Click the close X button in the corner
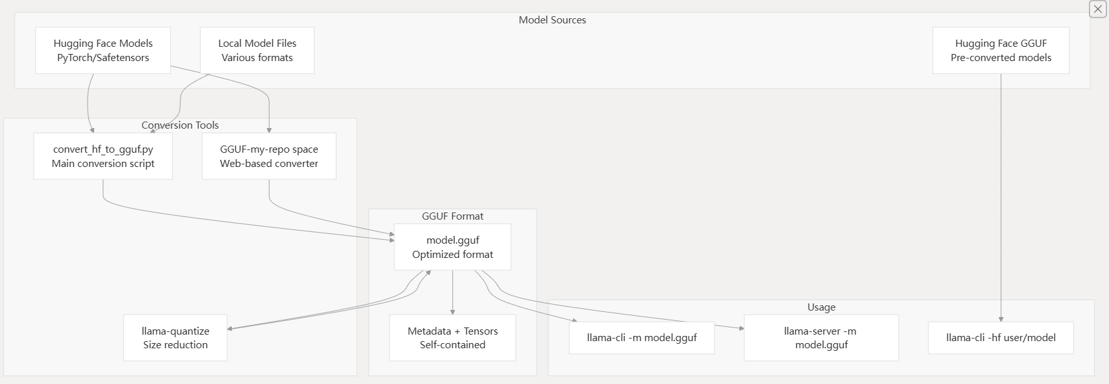(1097, 9)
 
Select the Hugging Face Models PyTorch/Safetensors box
(103, 51)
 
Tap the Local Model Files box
(257, 51)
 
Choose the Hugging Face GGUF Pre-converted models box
(1001, 51)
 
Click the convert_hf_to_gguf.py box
(103, 156)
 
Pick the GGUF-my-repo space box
(269, 156)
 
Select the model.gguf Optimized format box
(452, 247)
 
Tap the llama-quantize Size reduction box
(175, 338)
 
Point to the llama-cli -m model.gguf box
(641, 338)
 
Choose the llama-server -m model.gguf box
(821, 338)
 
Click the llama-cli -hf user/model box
(1001, 338)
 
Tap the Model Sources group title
(552, 20)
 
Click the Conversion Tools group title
(180, 125)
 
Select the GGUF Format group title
(452, 216)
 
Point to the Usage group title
(821, 307)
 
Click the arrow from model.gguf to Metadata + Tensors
(452, 292)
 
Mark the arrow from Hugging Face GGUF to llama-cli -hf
(1001, 195)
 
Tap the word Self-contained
(452, 345)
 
